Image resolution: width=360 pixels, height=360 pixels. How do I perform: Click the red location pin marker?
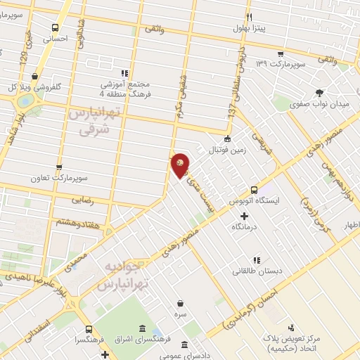pyautogui.click(x=180, y=165)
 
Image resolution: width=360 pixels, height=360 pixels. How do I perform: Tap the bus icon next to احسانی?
pyautogui.click(x=55, y=27)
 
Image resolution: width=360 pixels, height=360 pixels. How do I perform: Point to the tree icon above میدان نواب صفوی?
pyautogui.click(x=319, y=93)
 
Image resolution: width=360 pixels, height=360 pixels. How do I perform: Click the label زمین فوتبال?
pyautogui.click(x=227, y=150)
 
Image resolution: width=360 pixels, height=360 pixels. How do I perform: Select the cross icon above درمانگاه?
pyautogui.click(x=245, y=217)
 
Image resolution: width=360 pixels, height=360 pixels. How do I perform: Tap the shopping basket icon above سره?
pyautogui.click(x=182, y=304)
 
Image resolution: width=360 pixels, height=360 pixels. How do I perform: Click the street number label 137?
pyautogui.click(x=231, y=109)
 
